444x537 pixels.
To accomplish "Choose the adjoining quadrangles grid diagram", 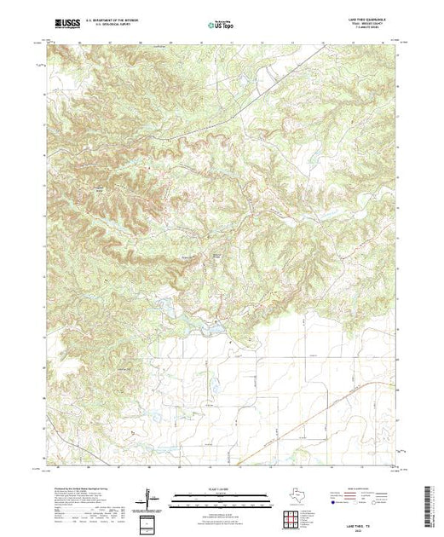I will (x=292, y=517).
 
